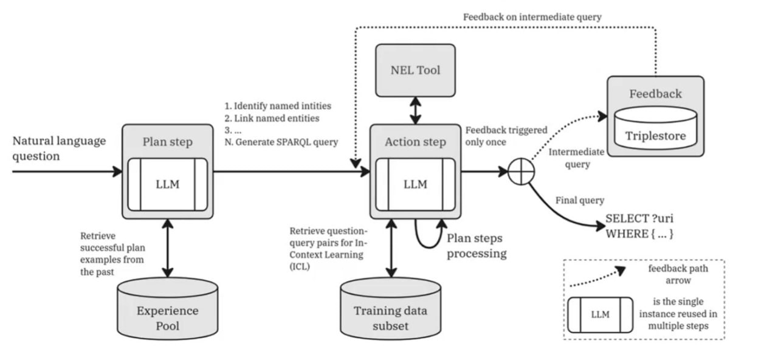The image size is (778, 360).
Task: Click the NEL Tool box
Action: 415,70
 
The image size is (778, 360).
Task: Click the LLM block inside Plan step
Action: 168,184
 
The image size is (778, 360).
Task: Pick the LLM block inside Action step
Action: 415,184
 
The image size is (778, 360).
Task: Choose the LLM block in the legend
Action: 600,315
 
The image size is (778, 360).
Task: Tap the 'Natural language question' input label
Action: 59,148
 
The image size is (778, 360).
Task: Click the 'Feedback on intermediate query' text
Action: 532,17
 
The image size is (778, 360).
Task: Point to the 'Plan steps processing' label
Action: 477,246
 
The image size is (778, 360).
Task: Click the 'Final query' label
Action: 580,200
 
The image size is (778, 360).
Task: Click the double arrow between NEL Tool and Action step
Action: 415,110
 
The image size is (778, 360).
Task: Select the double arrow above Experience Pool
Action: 168,248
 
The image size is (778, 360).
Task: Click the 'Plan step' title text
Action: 167,142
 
